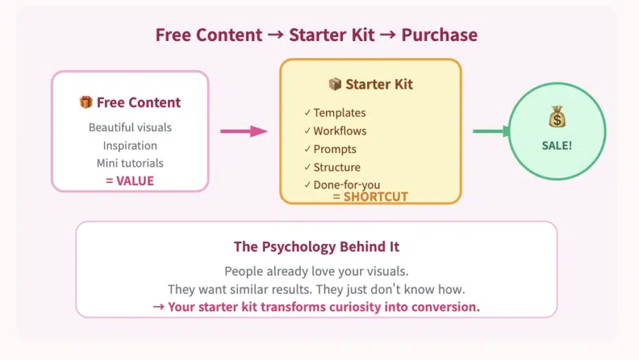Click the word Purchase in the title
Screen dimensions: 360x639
439,36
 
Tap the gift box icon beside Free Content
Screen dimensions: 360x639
85,102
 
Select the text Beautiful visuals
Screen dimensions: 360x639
130,127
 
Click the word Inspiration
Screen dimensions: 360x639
130,146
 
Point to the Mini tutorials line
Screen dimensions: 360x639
130,163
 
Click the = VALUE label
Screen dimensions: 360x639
130,181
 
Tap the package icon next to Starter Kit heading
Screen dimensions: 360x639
335,85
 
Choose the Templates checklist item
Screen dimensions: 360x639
339,113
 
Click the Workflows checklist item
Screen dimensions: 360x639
340,131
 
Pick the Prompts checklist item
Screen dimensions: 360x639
335,149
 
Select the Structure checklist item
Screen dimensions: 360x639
337,167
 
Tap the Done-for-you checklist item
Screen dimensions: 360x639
346,185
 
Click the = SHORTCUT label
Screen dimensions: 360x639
370,197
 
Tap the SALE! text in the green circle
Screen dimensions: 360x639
556,146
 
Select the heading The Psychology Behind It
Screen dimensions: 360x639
316,247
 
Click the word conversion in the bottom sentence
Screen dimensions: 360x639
445,307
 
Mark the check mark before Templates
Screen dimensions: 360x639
308,113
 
